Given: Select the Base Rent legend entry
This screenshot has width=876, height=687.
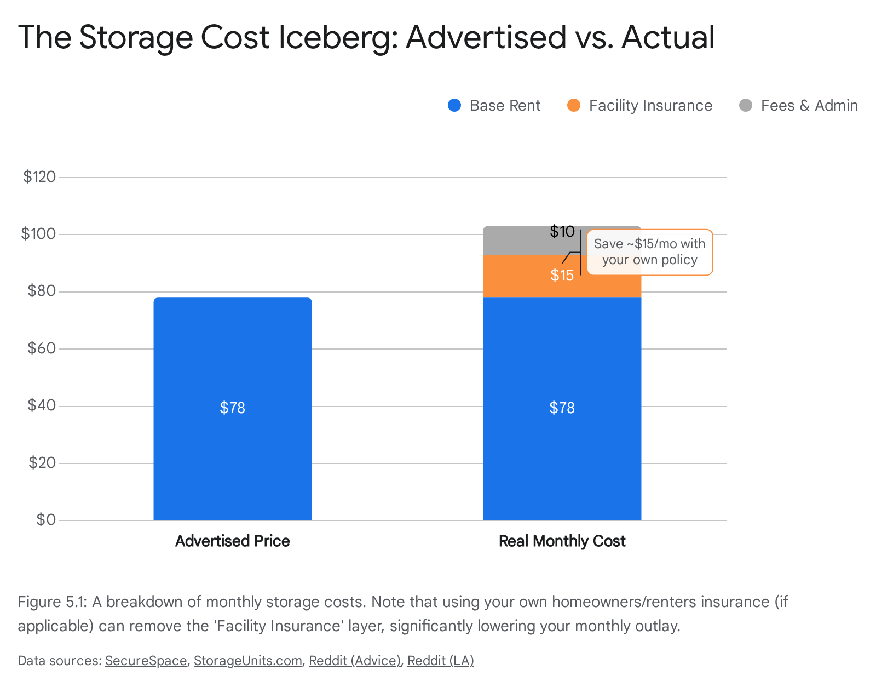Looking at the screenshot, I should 494,105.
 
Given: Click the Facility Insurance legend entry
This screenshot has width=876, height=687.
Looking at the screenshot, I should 640,105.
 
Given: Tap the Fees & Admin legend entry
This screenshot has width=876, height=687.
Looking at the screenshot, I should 799,105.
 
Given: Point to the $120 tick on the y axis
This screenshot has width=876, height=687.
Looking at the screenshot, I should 39,176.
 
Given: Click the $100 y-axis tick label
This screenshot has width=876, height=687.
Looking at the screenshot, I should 38,234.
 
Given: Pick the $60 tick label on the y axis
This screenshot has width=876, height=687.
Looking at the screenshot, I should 42,348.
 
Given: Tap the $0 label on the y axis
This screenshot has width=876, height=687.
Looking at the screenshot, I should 46,519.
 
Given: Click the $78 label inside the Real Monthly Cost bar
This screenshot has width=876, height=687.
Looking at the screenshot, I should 562,408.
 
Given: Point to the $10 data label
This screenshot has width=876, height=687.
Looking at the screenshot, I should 562,231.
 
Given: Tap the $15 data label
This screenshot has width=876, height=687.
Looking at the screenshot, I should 562,275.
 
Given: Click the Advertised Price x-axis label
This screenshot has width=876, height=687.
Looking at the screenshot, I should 232,541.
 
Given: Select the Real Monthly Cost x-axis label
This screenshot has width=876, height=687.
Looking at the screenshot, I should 562,541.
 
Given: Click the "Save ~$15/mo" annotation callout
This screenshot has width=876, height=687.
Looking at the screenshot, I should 649,252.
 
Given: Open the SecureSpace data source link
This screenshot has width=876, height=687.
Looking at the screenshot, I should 146,661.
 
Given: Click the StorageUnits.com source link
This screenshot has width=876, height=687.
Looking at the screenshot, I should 247,661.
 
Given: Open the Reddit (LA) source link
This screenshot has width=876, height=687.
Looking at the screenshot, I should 440,661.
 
